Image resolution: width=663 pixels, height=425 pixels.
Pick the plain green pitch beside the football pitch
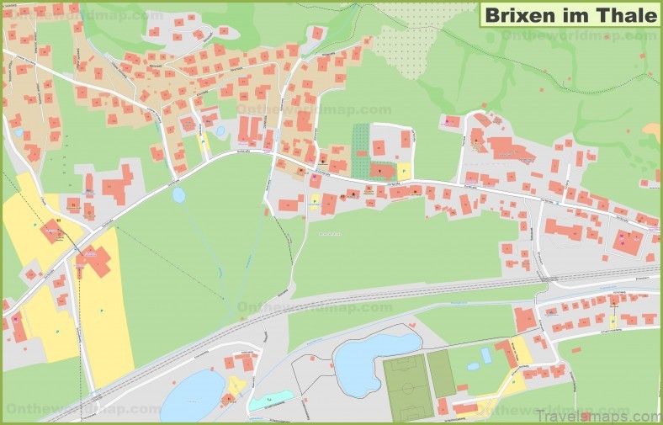441,373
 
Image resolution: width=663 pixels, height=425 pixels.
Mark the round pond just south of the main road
178,195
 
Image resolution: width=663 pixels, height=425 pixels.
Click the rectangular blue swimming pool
486,355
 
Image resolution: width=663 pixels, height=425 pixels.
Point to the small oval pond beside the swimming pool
473,366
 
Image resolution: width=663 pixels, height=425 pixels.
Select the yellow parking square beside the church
404,169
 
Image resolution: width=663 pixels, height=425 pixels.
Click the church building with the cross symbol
381,170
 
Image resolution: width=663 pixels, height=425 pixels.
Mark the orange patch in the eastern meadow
653,131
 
